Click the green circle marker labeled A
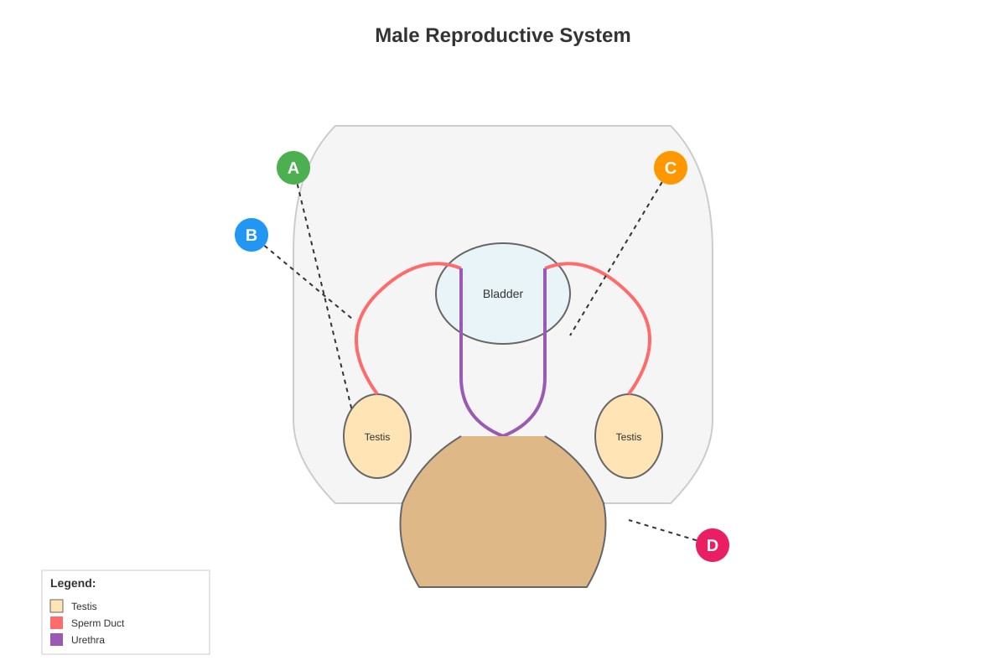(x=293, y=168)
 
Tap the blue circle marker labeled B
(x=251, y=235)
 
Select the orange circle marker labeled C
(x=671, y=168)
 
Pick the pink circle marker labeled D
(x=713, y=545)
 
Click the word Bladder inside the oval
(x=502, y=294)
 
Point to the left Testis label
(x=377, y=437)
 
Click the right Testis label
(x=628, y=437)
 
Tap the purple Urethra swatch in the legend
(x=57, y=639)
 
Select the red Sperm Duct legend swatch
(x=57, y=623)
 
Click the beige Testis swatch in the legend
(x=57, y=606)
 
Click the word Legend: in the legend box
(x=73, y=584)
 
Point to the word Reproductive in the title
(x=489, y=35)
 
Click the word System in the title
(x=595, y=35)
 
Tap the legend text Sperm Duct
(x=97, y=623)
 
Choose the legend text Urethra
(x=87, y=639)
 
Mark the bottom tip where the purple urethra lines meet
(x=503, y=435)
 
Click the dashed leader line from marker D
(x=662, y=530)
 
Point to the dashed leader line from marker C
(x=615, y=259)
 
